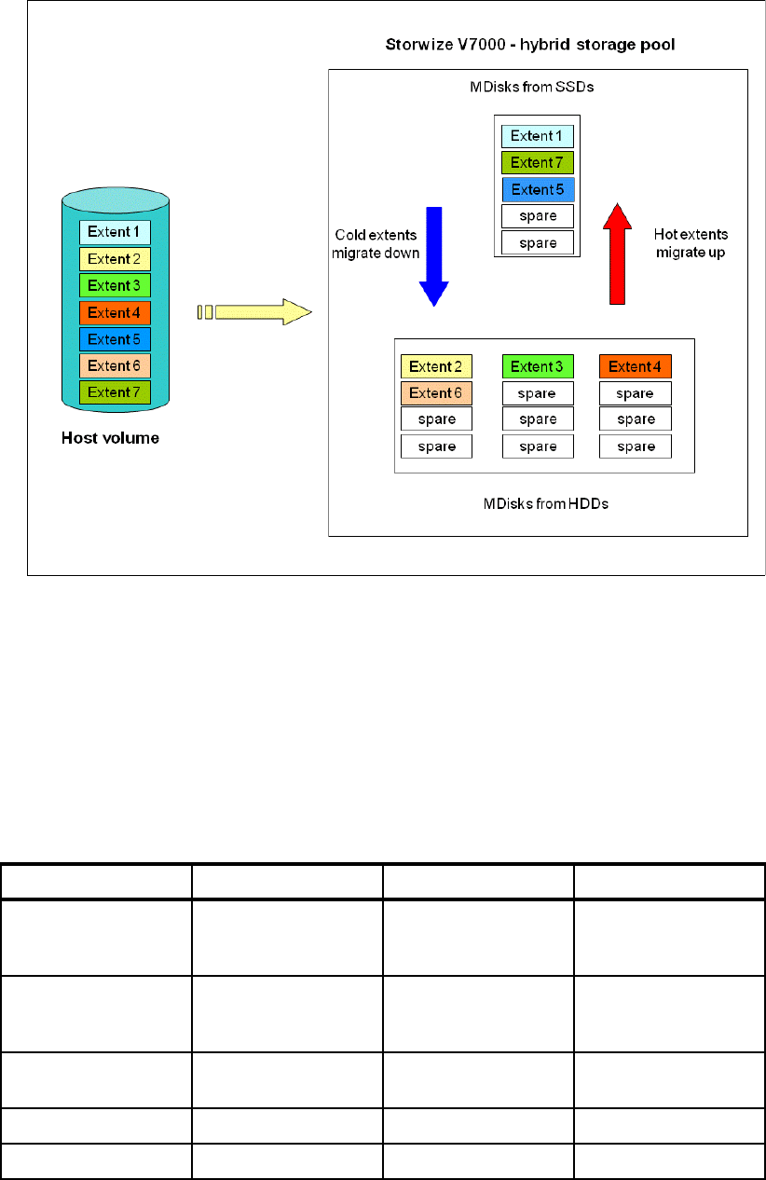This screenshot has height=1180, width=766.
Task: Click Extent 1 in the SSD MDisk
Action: click(x=538, y=136)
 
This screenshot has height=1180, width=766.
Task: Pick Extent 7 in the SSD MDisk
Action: click(x=538, y=163)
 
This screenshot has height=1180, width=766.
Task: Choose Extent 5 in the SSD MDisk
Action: click(x=538, y=190)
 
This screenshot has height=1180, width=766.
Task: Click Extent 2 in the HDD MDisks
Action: click(x=437, y=366)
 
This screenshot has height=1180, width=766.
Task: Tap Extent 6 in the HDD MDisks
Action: click(x=437, y=393)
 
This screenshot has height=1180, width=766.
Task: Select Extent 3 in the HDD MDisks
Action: click(x=538, y=366)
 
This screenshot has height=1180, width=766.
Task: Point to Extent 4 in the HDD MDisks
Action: click(x=635, y=366)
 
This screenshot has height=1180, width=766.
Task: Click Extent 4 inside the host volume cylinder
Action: click(x=115, y=312)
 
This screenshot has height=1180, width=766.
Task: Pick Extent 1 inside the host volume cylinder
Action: click(x=115, y=232)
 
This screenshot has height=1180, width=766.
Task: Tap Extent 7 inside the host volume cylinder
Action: click(x=115, y=391)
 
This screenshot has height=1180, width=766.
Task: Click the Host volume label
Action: click(x=110, y=437)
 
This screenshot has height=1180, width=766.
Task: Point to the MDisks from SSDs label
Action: click(x=538, y=87)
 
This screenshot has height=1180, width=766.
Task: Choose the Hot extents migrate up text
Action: click(x=691, y=243)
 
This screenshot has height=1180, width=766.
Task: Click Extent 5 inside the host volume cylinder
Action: click(x=115, y=339)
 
